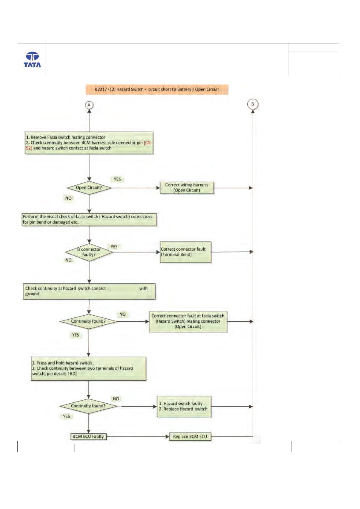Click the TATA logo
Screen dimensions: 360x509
tap(32, 59)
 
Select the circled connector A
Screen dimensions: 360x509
tap(89, 105)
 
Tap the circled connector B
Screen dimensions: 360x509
tap(252, 104)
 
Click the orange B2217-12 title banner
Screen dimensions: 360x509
tap(157, 89)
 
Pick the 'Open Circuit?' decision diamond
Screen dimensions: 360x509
tap(89, 188)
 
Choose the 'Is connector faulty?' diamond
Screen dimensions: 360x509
tap(89, 252)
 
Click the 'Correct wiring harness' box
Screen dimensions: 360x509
tap(187, 188)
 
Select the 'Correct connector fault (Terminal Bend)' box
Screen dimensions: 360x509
tap(185, 252)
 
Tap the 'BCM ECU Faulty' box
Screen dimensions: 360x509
tap(88, 437)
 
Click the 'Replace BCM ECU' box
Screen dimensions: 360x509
tap(190, 437)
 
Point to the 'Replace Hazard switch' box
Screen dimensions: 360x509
tap(184, 406)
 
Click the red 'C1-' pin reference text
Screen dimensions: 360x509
tap(148, 143)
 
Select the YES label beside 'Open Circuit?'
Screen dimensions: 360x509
tap(117, 179)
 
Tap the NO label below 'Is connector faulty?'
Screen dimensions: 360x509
tap(68, 260)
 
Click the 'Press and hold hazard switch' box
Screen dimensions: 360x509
tap(89, 368)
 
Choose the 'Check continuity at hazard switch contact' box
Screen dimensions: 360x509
tap(89, 291)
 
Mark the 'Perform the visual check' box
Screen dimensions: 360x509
tap(89, 219)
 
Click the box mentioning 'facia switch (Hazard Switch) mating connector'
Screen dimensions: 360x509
tap(188, 321)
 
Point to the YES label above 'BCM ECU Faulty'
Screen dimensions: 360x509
tap(66, 416)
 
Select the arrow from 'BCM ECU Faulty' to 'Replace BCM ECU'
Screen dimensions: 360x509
tap(138, 437)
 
